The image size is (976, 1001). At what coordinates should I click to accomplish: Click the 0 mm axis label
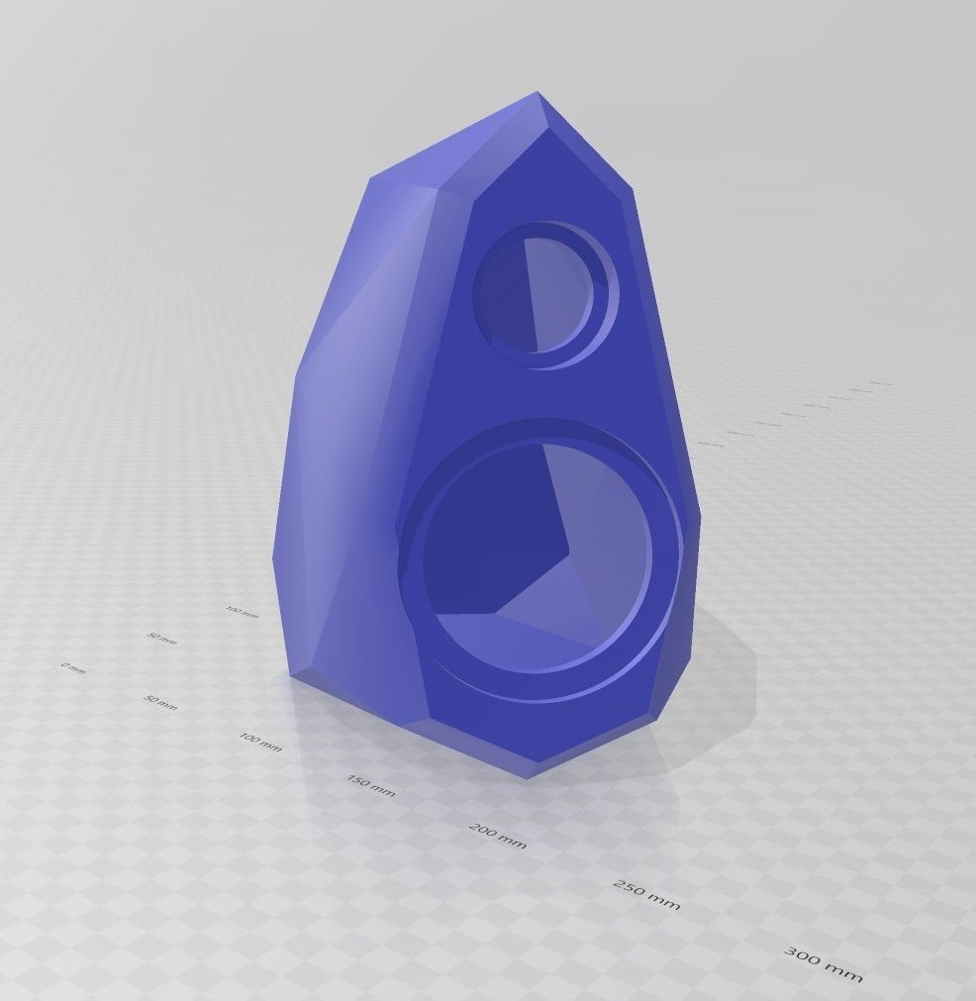pyautogui.click(x=73, y=668)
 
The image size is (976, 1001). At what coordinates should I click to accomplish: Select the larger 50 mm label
pyautogui.click(x=160, y=703)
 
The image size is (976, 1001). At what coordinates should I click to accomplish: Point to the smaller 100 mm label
pyautogui.click(x=242, y=613)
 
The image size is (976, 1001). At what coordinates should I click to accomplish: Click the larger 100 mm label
pyautogui.click(x=260, y=741)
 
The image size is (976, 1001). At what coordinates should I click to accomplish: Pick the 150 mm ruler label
pyautogui.click(x=370, y=786)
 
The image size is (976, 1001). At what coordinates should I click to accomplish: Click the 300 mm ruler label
pyautogui.click(x=824, y=963)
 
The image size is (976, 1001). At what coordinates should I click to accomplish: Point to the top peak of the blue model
pyautogui.click(x=537, y=94)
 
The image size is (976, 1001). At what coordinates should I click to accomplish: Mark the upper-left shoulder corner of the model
pyautogui.click(x=371, y=180)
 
